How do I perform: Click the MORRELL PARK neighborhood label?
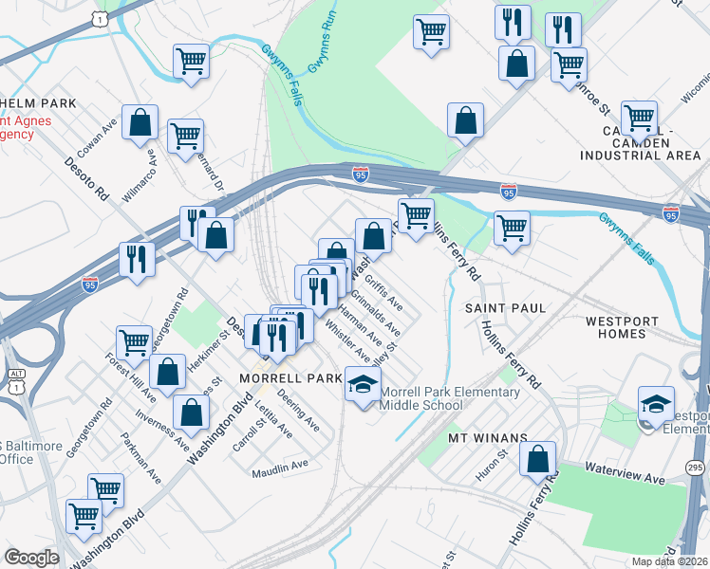click(x=290, y=377)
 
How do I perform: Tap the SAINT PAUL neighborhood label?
click(x=505, y=308)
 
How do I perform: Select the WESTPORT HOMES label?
click(x=622, y=327)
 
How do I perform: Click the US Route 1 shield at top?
click(x=98, y=18)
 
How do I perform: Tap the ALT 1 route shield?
click(x=12, y=354)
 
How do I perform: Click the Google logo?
click(x=31, y=558)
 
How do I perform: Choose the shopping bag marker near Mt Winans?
click(x=537, y=460)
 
